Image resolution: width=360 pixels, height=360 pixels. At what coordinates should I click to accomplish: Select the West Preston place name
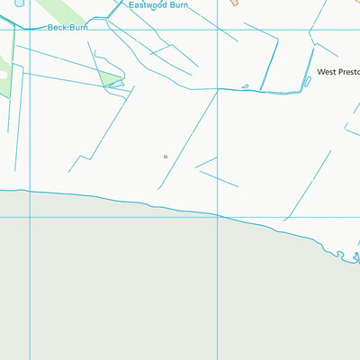[337, 71]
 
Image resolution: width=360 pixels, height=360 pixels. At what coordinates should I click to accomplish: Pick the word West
[326, 71]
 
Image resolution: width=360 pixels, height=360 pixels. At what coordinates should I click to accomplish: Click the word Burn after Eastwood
[179, 4]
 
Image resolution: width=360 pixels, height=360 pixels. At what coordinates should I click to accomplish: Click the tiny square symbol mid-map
[166, 157]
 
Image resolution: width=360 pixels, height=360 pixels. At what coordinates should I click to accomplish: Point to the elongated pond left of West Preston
[307, 81]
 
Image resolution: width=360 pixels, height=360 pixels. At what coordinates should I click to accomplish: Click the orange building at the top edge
[232, 4]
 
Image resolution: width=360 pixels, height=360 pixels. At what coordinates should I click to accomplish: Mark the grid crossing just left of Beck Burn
[31, 29]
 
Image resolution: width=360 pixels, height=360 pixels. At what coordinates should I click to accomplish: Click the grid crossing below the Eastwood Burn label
[219, 29]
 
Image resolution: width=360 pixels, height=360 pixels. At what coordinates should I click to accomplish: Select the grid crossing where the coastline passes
[219, 216]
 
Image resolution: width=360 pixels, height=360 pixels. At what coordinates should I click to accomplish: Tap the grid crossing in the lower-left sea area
[31, 216]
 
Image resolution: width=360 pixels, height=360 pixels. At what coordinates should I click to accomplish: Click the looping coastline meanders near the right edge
[344, 256]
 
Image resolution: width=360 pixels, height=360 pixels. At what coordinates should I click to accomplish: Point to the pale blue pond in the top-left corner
[20, 3]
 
